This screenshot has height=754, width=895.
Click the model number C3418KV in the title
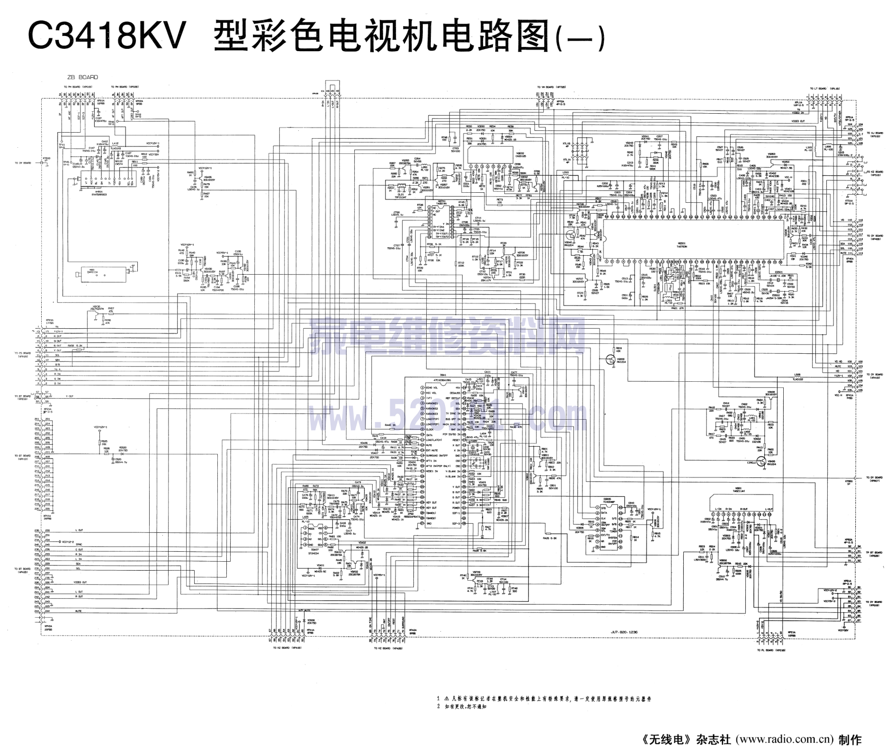[x=107, y=36]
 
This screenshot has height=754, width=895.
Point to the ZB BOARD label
[x=82, y=77]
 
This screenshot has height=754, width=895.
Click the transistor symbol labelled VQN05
[x=761, y=461]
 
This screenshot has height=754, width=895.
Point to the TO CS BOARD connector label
[x=22, y=353]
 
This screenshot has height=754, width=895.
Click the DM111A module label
[x=92, y=272]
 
